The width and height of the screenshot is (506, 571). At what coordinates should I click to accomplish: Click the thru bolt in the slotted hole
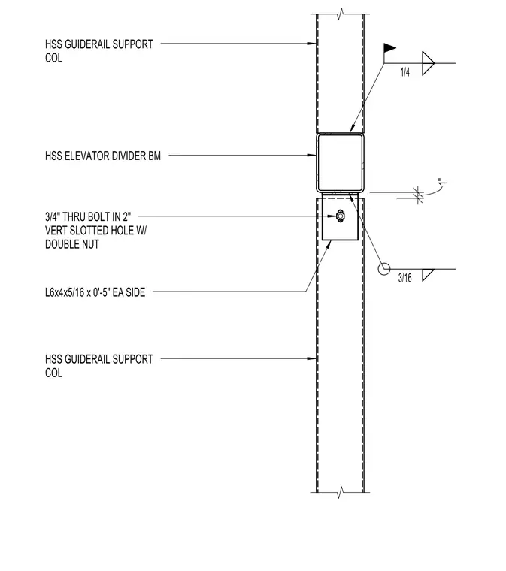point(340,216)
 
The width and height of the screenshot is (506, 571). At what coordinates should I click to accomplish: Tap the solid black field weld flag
point(389,47)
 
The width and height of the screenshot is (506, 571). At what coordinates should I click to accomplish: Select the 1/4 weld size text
point(405,72)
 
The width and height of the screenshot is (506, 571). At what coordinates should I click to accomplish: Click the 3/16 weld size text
point(404,278)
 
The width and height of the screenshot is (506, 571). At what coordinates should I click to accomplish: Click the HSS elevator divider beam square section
point(341,162)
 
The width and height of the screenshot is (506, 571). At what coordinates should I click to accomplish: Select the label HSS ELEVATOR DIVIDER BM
point(103,156)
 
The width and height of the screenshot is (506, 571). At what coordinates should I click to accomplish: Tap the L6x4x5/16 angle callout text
point(95,292)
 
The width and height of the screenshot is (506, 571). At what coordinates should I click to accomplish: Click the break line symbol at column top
point(341,14)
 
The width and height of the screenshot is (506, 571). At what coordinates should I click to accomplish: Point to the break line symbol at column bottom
point(341,492)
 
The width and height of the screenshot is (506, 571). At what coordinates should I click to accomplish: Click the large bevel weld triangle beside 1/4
point(428,63)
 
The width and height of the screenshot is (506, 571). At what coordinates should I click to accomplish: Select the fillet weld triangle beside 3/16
point(428,275)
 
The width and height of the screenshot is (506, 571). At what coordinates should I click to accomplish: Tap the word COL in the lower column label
point(53,373)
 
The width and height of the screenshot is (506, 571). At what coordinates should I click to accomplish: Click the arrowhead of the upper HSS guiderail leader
point(312,44)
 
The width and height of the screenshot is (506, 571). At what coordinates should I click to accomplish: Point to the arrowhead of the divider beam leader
point(312,155)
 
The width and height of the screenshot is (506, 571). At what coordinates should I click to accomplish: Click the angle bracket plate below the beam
point(341,216)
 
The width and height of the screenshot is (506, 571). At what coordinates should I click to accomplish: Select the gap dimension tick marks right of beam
point(418,195)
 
